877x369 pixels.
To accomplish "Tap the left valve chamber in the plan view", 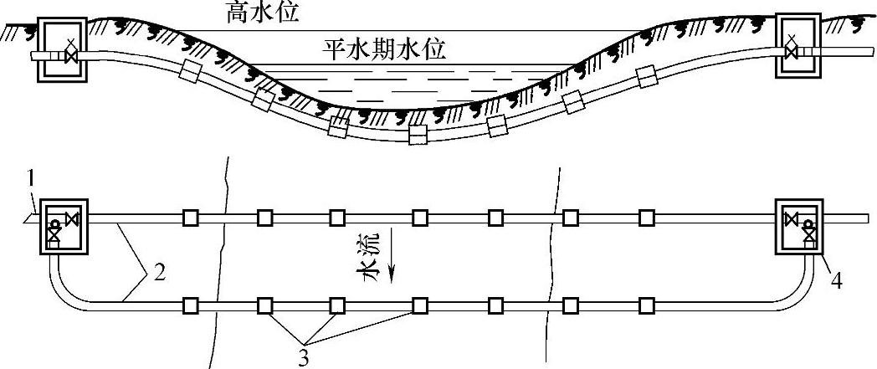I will tap(64, 225).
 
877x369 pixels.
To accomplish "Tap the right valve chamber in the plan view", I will tap(799, 225).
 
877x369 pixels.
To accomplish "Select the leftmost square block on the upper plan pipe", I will tap(192, 218).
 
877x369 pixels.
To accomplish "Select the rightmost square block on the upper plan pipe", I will tap(647, 218).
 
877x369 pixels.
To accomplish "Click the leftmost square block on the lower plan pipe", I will tap(192, 303).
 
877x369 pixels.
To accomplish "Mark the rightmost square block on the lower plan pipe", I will tap(647, 303).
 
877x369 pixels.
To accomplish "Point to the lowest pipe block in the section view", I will tap(417, 134).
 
